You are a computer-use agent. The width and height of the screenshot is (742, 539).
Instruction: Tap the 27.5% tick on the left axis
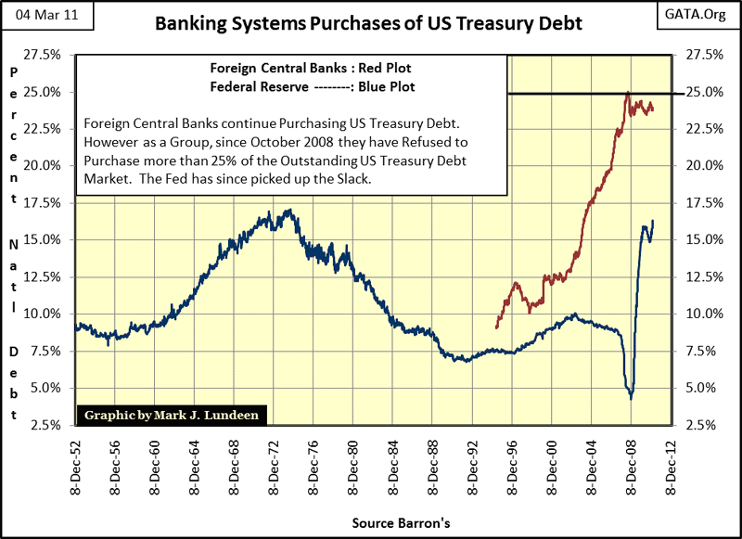43,55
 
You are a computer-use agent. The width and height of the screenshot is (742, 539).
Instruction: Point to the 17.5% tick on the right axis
700,203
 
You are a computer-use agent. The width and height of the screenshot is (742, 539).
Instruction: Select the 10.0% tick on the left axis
43,314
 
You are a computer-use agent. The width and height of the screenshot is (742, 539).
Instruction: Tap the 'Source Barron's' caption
402,524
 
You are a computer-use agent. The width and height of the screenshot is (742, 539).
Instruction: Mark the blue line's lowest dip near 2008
631,397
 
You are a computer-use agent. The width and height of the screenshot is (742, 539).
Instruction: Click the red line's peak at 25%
628,93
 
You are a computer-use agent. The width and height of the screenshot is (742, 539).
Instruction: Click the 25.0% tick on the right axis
700,92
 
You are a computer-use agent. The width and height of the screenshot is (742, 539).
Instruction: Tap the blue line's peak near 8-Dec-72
288,211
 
